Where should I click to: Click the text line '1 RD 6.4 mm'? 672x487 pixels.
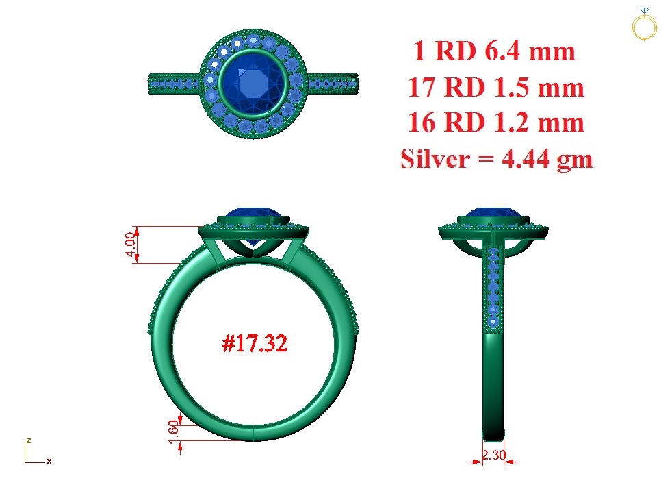pos(494,51)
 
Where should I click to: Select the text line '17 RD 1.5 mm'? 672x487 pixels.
pos(496,87)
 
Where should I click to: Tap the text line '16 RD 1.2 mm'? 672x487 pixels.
pos(496,123)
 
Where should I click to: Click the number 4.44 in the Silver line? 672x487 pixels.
pos(526,159)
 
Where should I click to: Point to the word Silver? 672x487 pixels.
pos(435,159)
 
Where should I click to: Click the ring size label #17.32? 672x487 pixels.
pos(255,343)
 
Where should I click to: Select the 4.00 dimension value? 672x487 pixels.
pos(130,244)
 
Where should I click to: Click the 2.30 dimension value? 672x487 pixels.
pos(493,455)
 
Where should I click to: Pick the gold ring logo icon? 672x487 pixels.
pos(644,25)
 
